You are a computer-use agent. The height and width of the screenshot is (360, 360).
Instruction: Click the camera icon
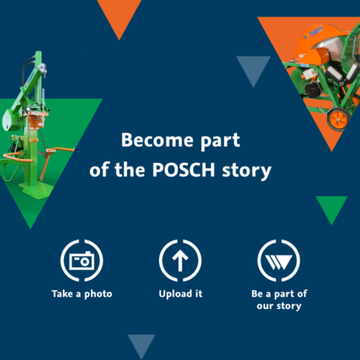[81, 261]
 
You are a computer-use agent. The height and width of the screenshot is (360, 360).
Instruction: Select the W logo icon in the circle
[279, 262]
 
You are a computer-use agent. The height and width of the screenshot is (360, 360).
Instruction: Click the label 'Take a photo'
[82, 294]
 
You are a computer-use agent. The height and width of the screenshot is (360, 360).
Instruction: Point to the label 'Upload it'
[181, 293]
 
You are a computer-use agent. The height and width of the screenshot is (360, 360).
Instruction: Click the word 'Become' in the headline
[157, 140]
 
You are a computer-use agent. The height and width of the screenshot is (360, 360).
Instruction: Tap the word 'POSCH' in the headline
[184, 170]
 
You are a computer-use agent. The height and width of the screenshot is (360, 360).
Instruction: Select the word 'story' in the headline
[247, 171]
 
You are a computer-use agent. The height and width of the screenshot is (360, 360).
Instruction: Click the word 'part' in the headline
[220, 141]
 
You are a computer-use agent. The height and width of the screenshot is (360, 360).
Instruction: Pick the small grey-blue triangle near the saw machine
[254, 68]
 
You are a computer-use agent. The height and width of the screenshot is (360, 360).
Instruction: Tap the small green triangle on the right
[332, 207]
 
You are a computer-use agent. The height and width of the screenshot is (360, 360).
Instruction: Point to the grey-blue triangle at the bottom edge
[142, 344]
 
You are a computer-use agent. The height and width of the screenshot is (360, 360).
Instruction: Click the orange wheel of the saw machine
[338, 119]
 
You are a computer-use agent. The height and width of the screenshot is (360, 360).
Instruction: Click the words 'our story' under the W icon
[279, 306]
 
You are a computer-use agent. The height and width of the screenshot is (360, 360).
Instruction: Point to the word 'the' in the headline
[130, 170]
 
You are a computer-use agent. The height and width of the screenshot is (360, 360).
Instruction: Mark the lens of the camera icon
[85, 261]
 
